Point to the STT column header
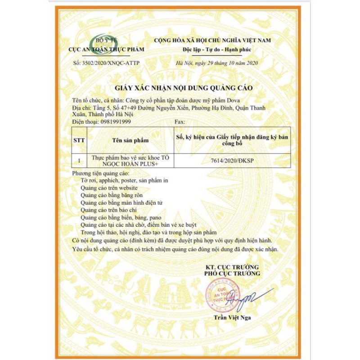79,140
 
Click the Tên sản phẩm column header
130,140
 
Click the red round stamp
221,294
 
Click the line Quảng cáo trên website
109,187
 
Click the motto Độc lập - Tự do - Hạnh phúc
217,49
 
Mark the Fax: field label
179,122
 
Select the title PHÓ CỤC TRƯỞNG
232,273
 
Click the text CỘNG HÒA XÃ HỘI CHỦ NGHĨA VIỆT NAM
213,40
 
